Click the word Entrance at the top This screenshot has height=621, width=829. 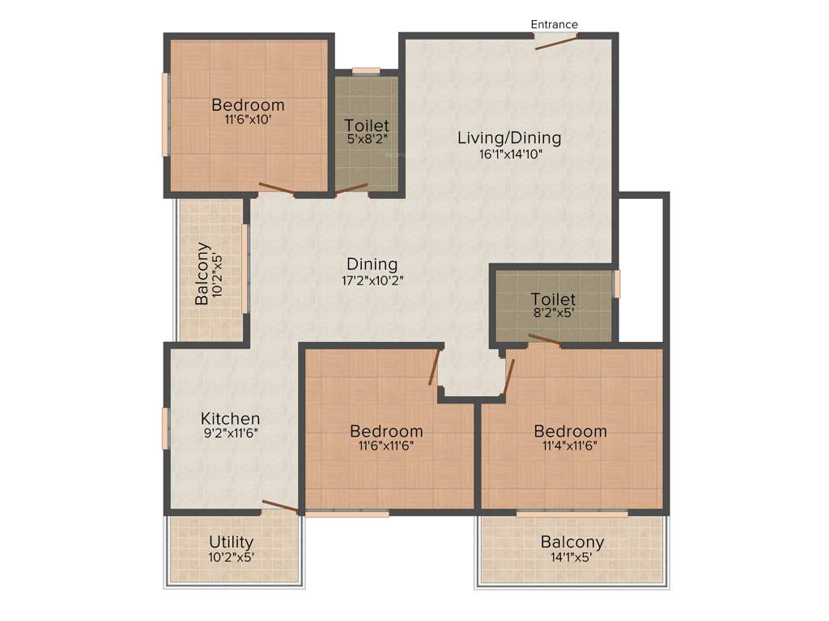coord(555,24)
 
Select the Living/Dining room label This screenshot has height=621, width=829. coord(509,137)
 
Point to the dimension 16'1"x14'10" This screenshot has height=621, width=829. coord(509,154)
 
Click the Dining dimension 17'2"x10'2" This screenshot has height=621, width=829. coord(372,281)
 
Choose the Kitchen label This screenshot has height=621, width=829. coord(231,418)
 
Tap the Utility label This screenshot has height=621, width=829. coord(231,541)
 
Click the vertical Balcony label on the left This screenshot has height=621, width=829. coord(202,273)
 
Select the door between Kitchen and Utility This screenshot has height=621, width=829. coord(279,506)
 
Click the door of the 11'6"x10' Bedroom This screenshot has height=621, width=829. coord(277,189)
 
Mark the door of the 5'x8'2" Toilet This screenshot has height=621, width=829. coord(352,190)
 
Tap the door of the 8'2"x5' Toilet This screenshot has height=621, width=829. coord(544,340)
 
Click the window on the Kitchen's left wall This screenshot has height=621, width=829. coord(165,427)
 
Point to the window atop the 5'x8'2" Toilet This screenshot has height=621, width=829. coord(366,71)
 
